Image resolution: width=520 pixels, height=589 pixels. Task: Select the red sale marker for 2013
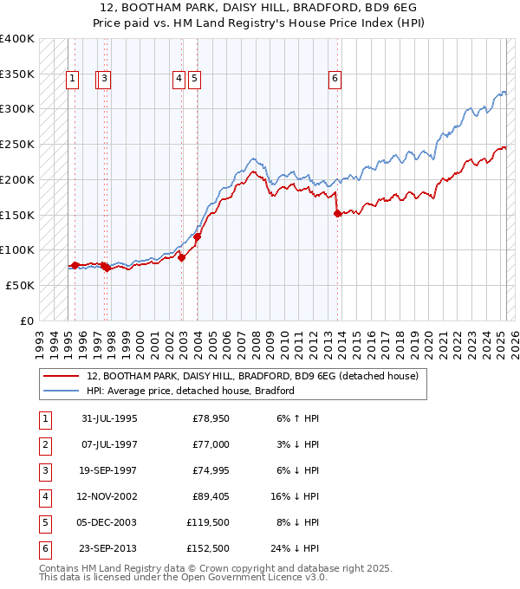(337, 213)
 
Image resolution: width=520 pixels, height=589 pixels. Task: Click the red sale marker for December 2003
(197, 236)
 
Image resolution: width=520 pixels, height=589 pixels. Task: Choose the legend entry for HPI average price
(191, 391)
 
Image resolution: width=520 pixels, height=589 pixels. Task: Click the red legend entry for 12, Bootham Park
(252, 376)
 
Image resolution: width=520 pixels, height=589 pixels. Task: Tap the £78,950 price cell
(211, 418)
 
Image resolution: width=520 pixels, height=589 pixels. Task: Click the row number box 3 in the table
(44, 470)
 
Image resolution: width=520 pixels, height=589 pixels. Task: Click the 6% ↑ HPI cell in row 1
(297, 418)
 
